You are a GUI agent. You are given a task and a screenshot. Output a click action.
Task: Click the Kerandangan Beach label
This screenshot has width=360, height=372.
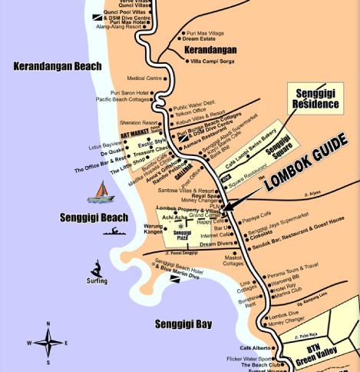click(x=58, y=66)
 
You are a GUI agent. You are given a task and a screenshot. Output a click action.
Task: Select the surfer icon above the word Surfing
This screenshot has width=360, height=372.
click(x=97, y=269)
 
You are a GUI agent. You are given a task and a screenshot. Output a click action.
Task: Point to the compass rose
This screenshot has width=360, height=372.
click(x=47, y=341)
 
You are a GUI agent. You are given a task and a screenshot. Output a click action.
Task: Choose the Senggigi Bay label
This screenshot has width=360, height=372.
click(x=183, y=324)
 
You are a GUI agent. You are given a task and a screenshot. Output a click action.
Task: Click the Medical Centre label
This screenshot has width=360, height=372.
click(x=144, y=78)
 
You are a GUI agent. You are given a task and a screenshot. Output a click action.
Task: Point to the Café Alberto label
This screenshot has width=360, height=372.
click(x=256, y=348)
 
